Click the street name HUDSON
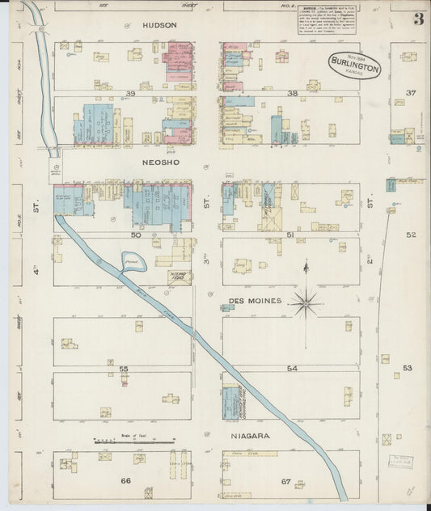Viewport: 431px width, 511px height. pos(158,26)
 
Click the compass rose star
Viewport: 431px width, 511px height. pos(306,304)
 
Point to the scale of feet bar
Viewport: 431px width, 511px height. pos(134,441)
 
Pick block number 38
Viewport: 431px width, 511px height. pos(292,94)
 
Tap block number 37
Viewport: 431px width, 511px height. pos(410,93)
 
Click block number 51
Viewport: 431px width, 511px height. pos(290,234)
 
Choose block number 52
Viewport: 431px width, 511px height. pos(410,234)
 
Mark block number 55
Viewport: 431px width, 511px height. pos(124,369)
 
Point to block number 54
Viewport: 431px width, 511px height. pos(291,369)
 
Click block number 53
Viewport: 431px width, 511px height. pos(408,368)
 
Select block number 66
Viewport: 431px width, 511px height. pos(125,481)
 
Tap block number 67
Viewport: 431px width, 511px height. pos(285,482)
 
